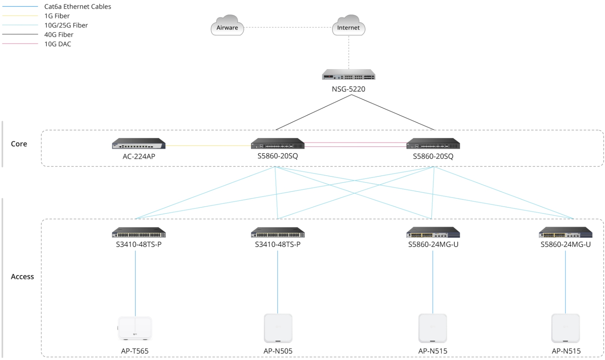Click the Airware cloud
pyautogui.click(x=227, y=26)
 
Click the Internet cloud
pyautogui.click(x=348, y=26)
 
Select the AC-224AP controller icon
pyautogui.click(x=139, y=144)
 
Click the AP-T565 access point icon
pyautogui.click(x=135, y=328)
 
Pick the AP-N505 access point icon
pyautogui.click(x=278, y=328)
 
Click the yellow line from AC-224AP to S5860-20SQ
pyautogui.click(x=208, y=145)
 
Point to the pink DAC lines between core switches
pyautogui.click(x=355, y=144)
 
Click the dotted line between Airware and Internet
pyautogui.click(x=287, y=28)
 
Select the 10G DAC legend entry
pyautogui.click(x=57, y=44)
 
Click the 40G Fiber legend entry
pyautogui.click(x=59, y=34)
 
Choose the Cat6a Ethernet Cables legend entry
pyautogui.click(x=78, y=6)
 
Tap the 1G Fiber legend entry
pyautogui.click(x=57, y=16)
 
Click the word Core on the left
pyautogui.click(x=19, y=144)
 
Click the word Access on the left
pyautogui.click(x=22, y=277)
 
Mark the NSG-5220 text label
pyautogui.click(x=348, y=89)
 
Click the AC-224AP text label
pyautogui.click(x=139, y=156)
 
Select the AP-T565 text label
pyautogui.click(x=135, y=351)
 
